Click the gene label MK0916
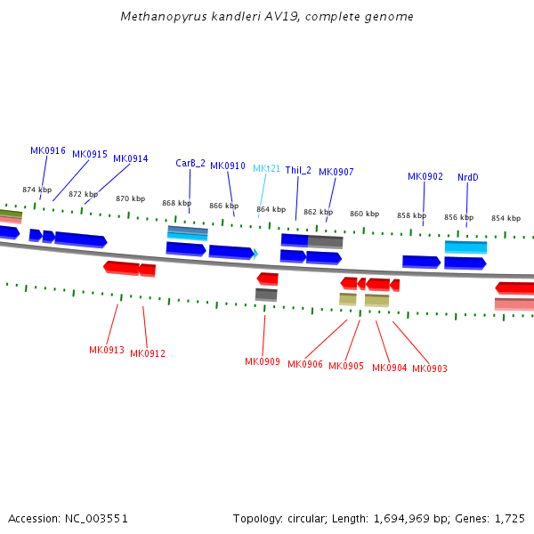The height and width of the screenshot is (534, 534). click(48, 150)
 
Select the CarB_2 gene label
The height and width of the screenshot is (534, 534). click(190, 163)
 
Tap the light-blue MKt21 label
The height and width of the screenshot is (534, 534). click(266, 168)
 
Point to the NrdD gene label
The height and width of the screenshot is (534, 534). click(468, 177)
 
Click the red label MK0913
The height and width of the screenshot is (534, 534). click(107, 350)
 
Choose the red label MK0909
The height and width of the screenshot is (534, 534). click(263, 361)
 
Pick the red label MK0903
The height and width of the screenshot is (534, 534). click(430, 368)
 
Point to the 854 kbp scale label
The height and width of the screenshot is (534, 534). click(506, 218)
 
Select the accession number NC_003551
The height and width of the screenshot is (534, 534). click(95, 518)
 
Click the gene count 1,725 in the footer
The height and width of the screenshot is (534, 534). click(508, 518)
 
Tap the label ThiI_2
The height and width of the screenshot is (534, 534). click(298, 170)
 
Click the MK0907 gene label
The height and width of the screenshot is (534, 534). click(336, 172)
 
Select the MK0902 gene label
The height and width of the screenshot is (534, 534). click(425, 176)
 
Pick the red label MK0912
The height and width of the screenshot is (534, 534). click(148, 353)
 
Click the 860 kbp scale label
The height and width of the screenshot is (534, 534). click(364, 214)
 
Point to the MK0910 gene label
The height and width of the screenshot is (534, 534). click(228, 166)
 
